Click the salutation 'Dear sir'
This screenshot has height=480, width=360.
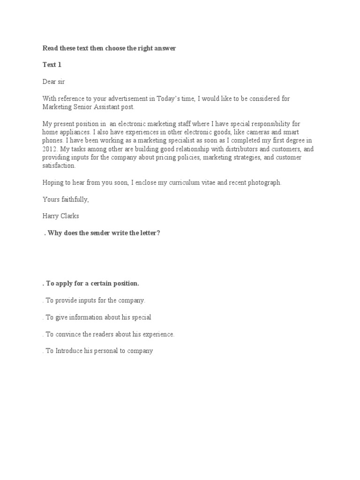pos(55,81)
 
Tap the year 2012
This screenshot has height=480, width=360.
pos(49,149)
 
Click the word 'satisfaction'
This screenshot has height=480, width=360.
pos(59,166)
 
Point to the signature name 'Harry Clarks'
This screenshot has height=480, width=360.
pos(61,217)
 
